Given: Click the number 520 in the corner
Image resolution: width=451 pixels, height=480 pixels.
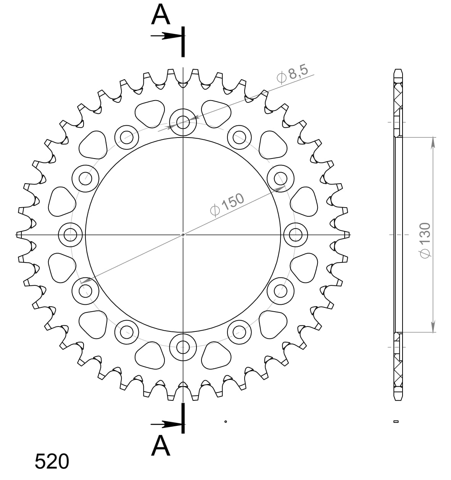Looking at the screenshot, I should pos(52,461).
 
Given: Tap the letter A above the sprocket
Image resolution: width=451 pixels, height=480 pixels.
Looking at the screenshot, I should pos(161,15).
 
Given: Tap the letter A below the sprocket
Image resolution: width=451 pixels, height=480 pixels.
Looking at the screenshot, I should pos(161,446).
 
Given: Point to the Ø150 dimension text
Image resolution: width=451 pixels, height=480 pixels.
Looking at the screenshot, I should pos(227,205).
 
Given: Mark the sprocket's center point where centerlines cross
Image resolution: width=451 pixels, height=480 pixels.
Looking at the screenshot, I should pos(183,235).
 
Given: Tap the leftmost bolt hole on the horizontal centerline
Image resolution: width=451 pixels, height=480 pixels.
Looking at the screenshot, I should pos(71,235).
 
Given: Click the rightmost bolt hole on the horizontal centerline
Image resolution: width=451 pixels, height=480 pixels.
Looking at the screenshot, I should pos(296,235).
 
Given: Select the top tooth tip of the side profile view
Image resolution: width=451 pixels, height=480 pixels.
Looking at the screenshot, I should pos(398,71).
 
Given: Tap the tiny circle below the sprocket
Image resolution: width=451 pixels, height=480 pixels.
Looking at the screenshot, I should pos(225,421).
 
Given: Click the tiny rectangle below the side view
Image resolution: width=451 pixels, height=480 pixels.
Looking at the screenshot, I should pos(396,421).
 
